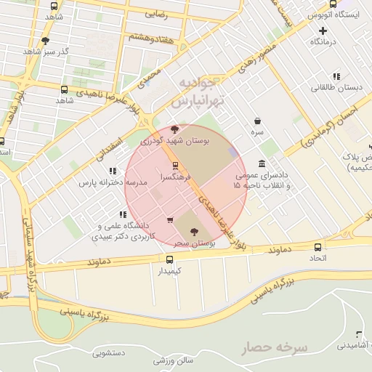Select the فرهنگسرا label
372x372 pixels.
[x=187, y=177]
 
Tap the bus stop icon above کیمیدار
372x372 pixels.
[x=169, y=259]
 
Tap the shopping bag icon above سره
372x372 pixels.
[x=258, y=121]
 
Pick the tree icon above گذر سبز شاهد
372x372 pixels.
[x=45, y=41]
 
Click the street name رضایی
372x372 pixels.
[x=155, y=14]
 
